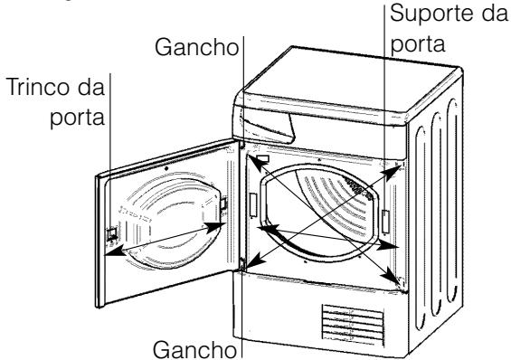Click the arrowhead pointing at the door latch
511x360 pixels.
pos(111,253)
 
